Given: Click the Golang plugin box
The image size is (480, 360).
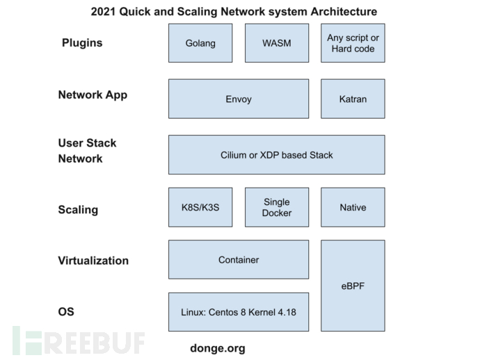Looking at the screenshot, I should click(200, 43).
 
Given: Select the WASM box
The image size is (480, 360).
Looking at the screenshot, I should click(277, 43).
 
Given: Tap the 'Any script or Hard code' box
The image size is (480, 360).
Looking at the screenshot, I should click(353, 43).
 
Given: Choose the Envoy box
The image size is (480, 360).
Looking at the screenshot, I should click(239, 99).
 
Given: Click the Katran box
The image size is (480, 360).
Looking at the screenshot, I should click(353, 99).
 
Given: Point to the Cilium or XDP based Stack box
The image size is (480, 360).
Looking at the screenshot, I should click(276, 154).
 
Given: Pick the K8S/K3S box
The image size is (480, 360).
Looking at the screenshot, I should click(200, 207).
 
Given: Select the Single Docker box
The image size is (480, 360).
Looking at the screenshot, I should click(277, 207).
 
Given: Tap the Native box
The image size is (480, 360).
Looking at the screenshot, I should click(353, 207).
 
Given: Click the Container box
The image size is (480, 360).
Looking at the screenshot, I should click(239, 260).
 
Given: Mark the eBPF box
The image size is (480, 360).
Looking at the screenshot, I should click(353, 286).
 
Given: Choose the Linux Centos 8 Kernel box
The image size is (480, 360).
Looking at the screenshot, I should click(239, 312).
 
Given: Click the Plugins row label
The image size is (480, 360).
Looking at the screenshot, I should click(82, 43).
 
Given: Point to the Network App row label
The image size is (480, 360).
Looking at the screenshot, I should click(93, 95).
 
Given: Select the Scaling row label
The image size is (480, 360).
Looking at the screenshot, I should click(78, 210).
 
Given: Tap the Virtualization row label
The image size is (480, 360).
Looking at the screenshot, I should click(93, 261).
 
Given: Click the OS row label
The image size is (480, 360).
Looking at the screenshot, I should click(67, 312).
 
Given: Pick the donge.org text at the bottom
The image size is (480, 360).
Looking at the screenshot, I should click(218, 348).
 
